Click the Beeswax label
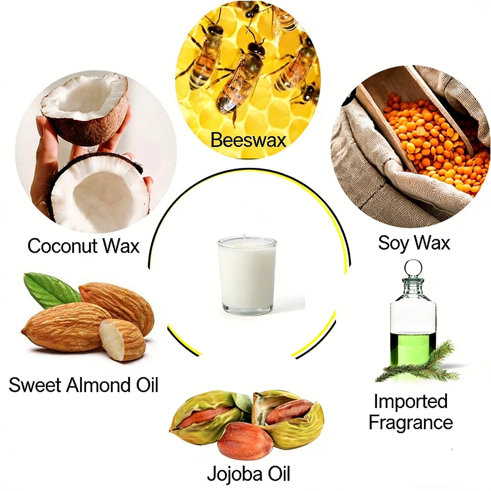tap(248, 140)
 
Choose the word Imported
tap(411, 402)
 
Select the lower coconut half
tap(99, 191)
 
